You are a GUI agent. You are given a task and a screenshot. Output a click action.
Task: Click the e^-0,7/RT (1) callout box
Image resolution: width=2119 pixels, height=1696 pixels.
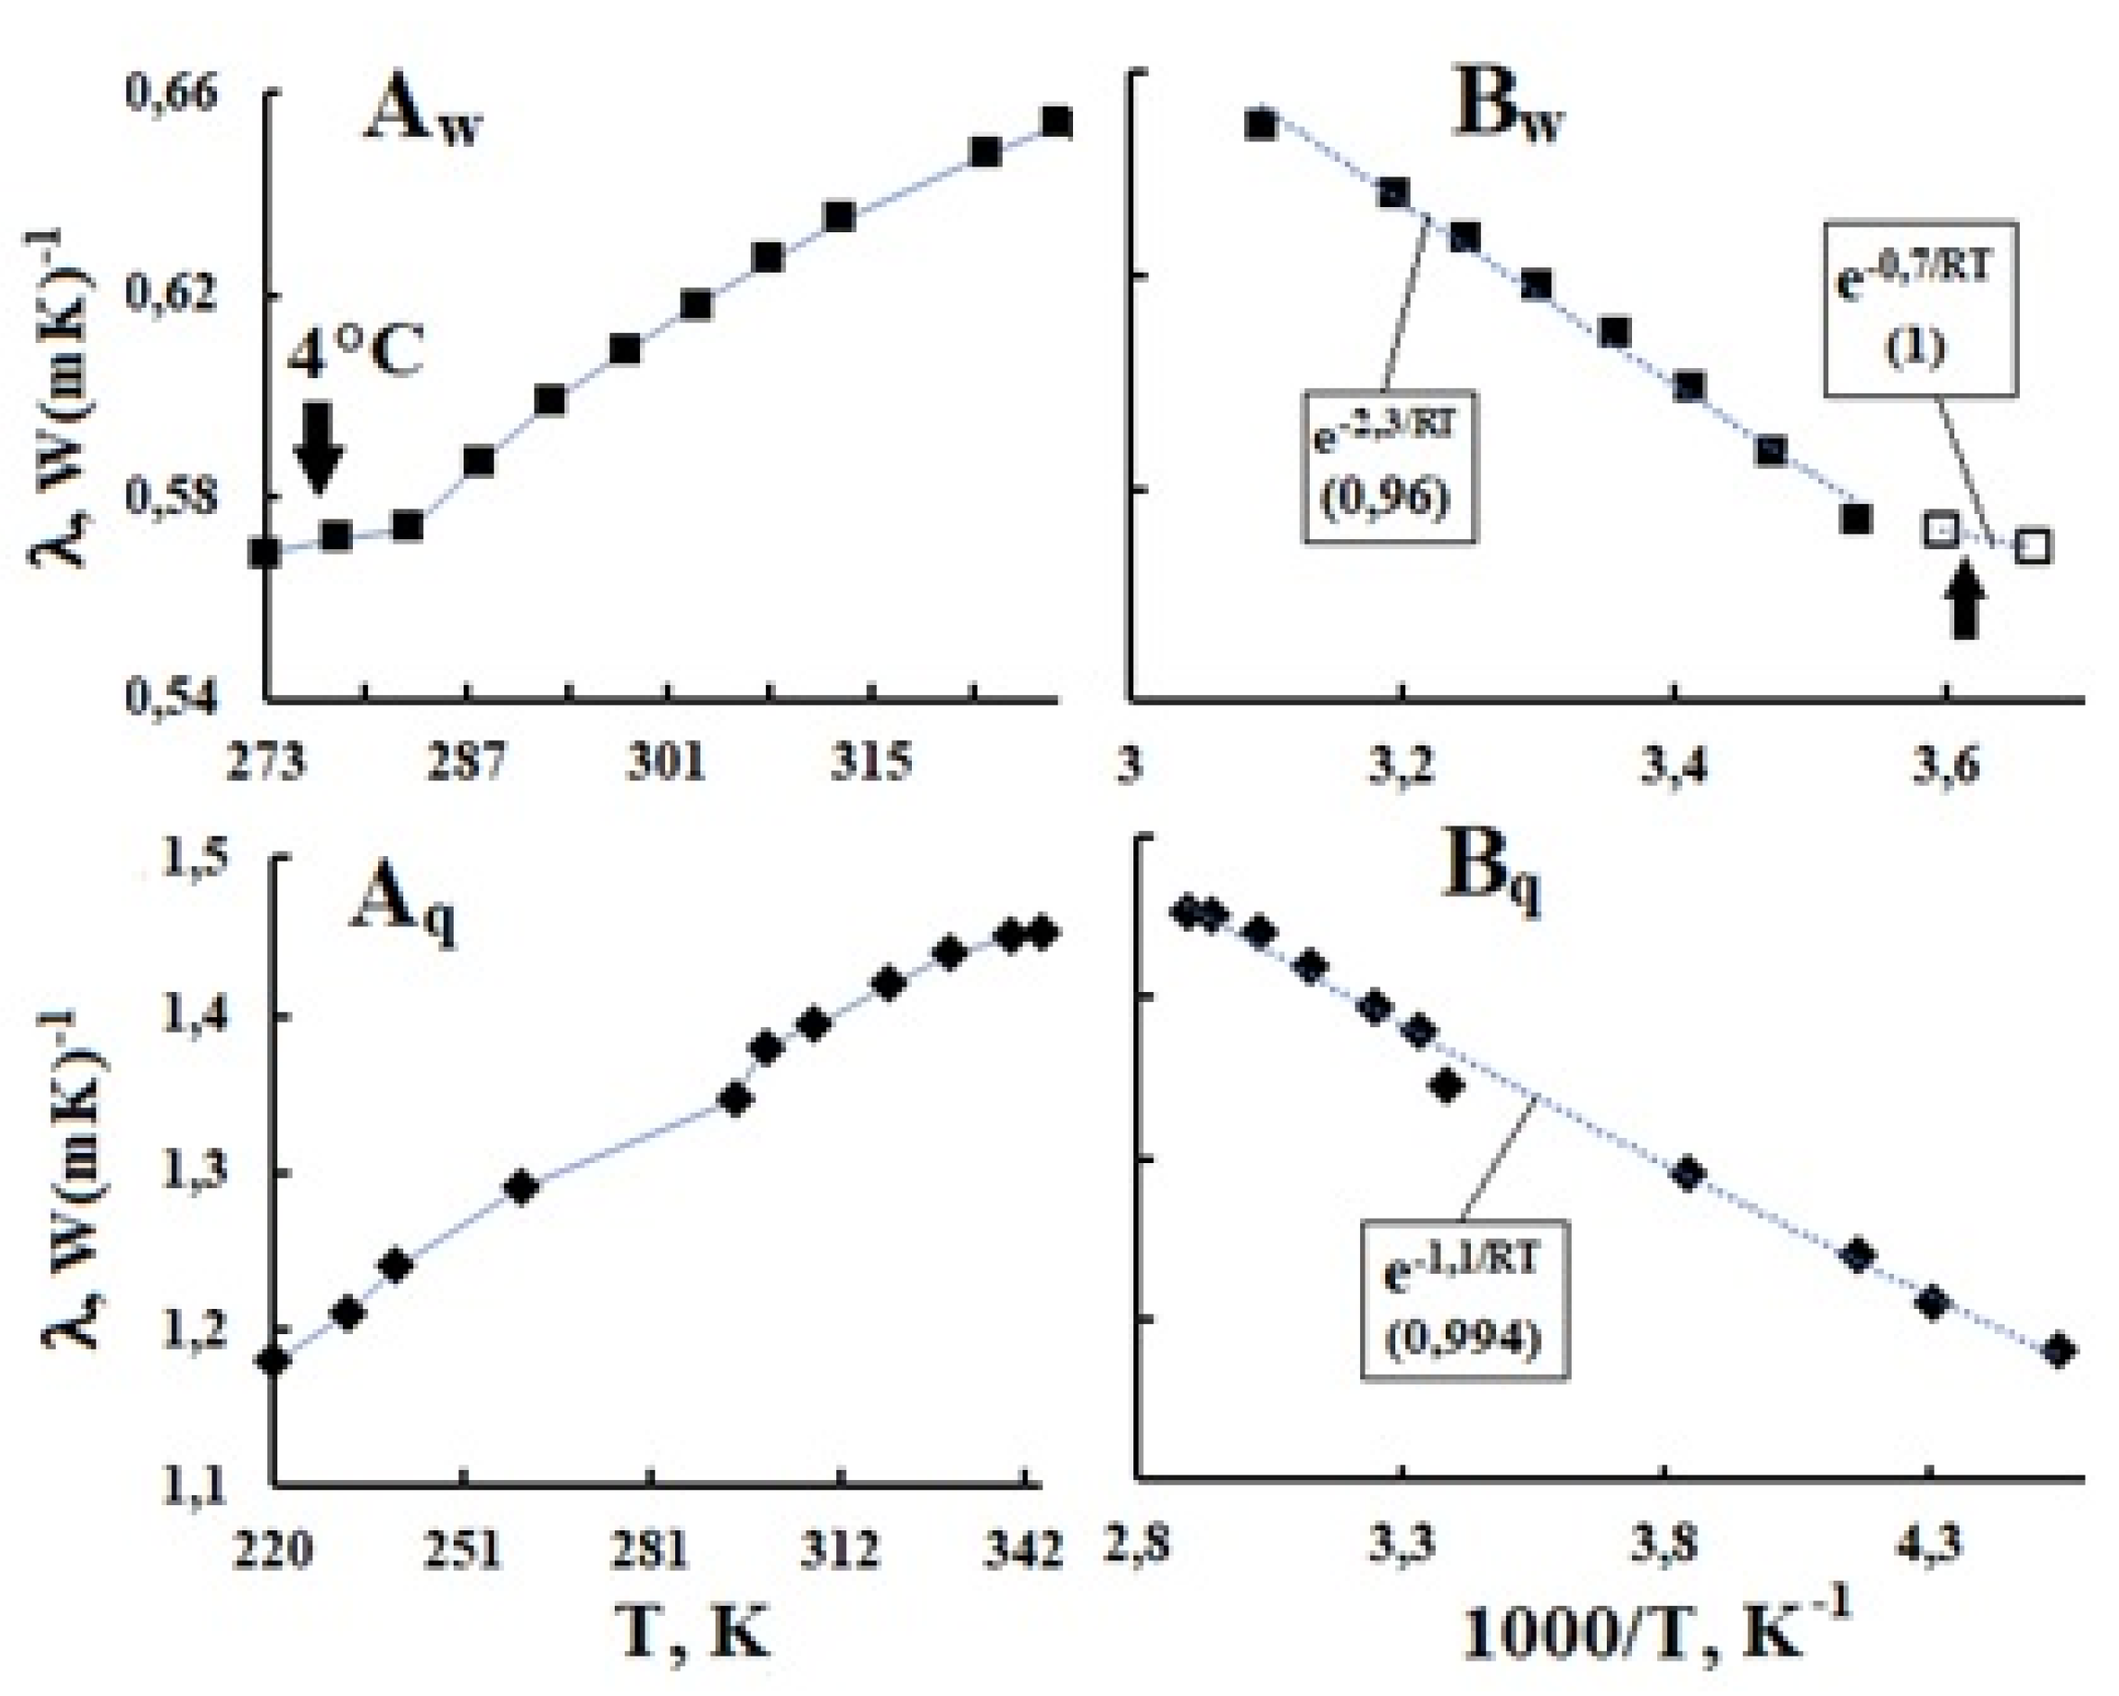[x=1920, y=310]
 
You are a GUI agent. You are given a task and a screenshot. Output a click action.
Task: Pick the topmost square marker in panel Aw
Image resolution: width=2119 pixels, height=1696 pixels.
[x=1056, y=122]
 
